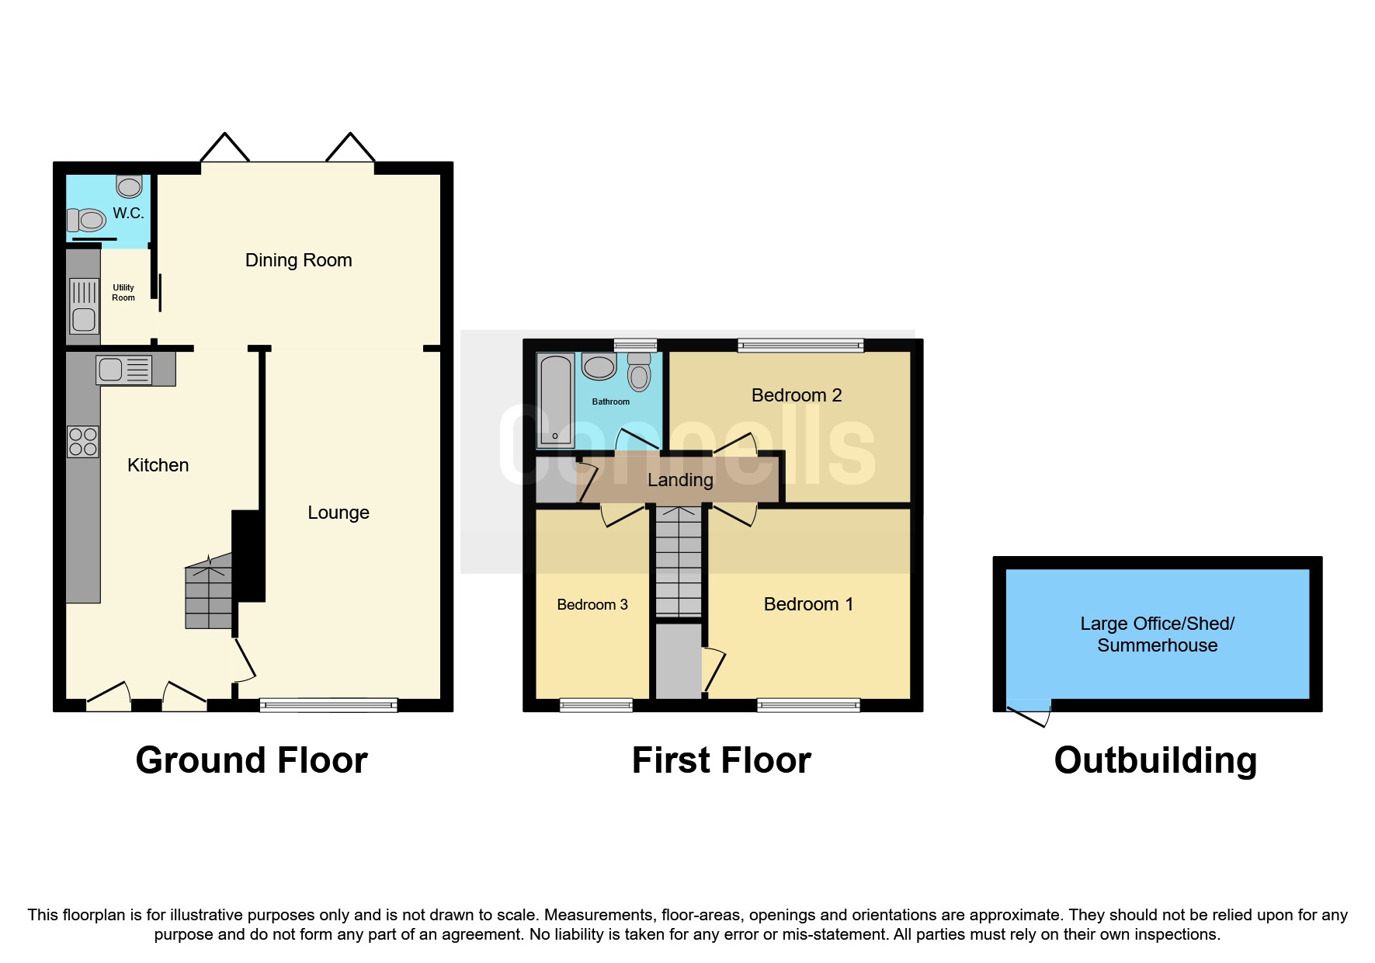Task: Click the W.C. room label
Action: click(x=128, y=213)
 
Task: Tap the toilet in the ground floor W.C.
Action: click(x=86, y=221)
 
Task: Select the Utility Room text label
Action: click(x=123, y=293)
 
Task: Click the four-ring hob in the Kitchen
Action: click(x=83, y=442)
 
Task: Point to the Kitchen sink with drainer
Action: click(x=124, y=370)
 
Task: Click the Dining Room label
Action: click(x=298, y=260)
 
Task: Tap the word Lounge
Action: click(x=338, y=513)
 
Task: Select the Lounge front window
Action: click(x=328, y=705)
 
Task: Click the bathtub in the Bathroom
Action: click(x=555, y=400)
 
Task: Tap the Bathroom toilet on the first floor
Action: click(x=639, y=372)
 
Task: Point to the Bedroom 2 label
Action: click(x=796, y=395)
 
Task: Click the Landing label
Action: click(x=680, y=480)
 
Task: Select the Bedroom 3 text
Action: click(x=592, y=605)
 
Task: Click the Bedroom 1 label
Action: click(x=808, y=604)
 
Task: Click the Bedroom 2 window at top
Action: click(x=800, y=346)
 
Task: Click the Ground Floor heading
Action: click(x=252, y=760)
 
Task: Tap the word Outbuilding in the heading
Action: click(x=1155, y=760)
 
